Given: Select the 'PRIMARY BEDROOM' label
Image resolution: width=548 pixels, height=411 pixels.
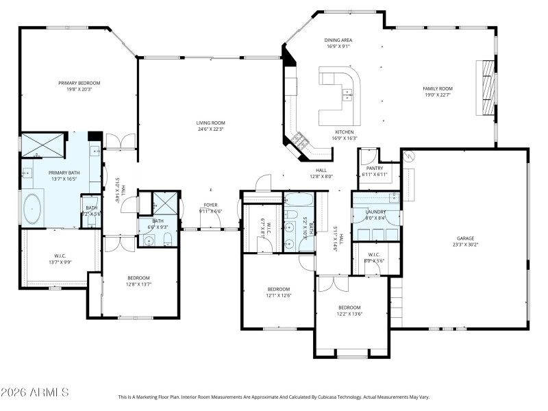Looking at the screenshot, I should pos(79,82).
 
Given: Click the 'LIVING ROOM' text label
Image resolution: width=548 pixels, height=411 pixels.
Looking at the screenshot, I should pos(211,122).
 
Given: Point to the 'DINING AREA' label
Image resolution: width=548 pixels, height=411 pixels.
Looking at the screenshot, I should pos(338,40).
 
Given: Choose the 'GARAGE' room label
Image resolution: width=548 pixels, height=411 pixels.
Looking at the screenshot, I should pos(465,238).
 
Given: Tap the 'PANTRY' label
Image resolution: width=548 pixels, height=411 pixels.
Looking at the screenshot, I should pos(375,168).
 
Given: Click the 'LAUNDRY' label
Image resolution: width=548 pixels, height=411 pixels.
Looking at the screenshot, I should pos(375,212).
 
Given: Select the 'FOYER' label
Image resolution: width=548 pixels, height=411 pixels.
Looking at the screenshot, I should pos(210,205).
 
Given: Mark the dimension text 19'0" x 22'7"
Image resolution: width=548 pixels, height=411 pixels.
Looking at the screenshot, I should pos(438,95).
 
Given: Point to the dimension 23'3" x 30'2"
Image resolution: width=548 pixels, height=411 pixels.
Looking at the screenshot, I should pos(465,245).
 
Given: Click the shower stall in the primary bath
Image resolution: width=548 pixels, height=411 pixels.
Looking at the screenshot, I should pos(42,146).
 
